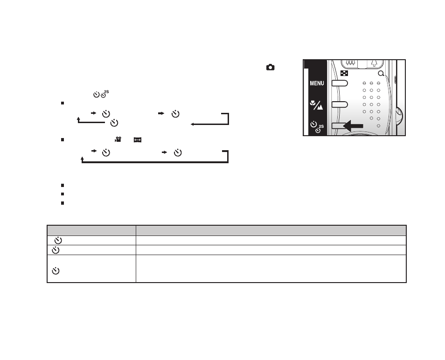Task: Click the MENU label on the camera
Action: click(x=317, y=83)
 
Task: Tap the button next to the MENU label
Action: click(x=340, y=83)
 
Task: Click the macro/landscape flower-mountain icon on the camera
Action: click(x=316, y=105)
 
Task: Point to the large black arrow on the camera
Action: click(x=353, y=126)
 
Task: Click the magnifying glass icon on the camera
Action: click(x=381, y=74)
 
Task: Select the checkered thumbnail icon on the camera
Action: click(x=344, y=74)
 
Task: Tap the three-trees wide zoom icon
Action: click(x=350, y=63)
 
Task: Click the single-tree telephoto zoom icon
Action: click(x=374, y=63)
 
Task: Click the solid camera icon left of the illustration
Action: click(x=271, y=67)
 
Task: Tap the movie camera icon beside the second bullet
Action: click(x=118, y=139)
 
